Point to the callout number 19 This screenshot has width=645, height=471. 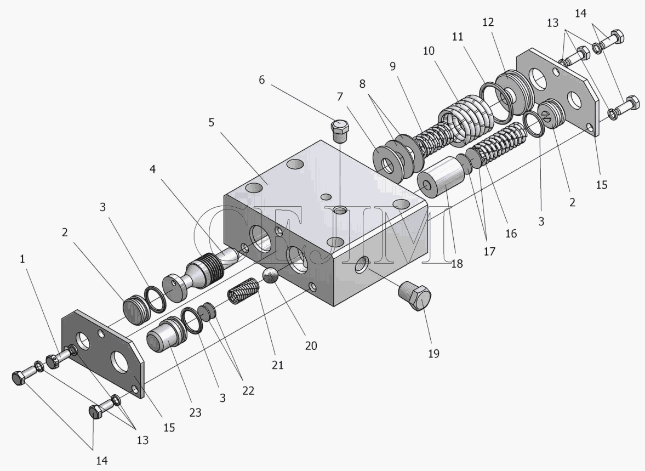(x=433, y=354)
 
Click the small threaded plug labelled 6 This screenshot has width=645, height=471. (x=340, y=130)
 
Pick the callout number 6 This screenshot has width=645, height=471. (x=261, y=80)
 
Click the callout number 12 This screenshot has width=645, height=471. (x=488, y=22)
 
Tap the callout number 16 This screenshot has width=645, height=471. (x=511, y=233)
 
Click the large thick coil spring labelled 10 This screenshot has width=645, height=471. (x=464, y=121)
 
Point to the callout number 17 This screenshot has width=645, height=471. (x=489, y=252)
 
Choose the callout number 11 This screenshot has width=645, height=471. (x=459, y=37)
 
